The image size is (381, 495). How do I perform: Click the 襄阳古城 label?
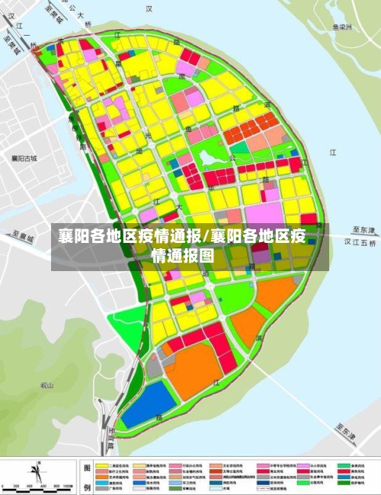[24, 158]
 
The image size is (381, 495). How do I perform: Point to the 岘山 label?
[47, 386]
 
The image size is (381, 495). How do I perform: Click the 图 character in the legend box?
[88, 468]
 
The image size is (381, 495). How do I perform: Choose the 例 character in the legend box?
[88, 485]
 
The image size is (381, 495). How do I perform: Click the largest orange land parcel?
[191, 369]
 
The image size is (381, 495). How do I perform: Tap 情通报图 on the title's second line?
[183, 256]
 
